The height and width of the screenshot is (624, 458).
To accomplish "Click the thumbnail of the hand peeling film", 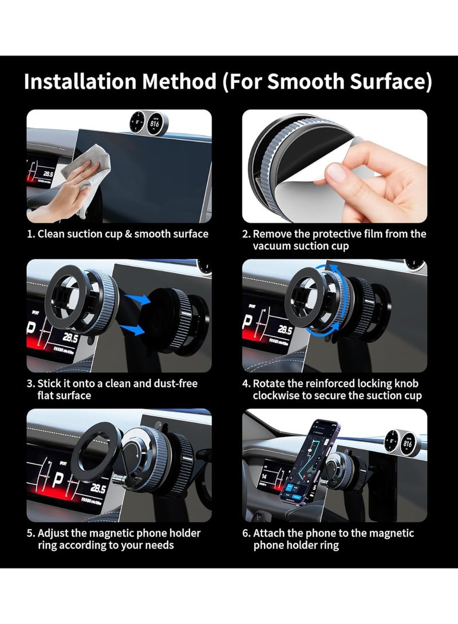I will [334, 166].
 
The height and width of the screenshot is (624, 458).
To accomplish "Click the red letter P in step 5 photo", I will [58, 482].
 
